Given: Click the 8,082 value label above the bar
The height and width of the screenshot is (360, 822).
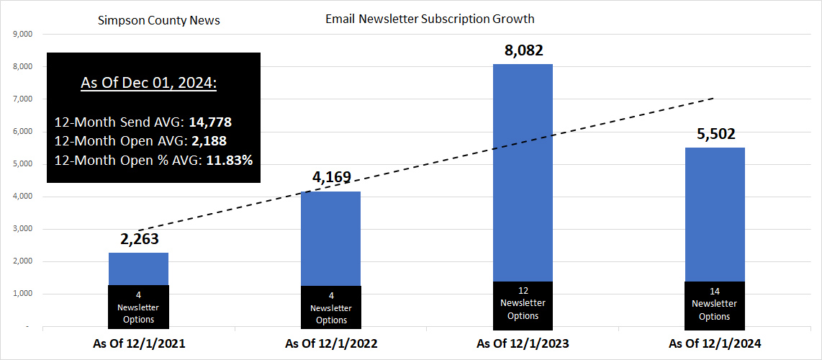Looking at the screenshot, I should point(523,51).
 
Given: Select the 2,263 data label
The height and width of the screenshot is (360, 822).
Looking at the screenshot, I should point(138,240).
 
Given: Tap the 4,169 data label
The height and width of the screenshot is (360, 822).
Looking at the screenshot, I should point(331,177).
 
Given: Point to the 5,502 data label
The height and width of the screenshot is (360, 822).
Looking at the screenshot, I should point(715,135).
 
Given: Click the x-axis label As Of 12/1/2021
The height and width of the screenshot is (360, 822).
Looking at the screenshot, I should point(139,344).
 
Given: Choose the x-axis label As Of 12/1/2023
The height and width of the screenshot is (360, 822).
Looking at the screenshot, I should point(523,344).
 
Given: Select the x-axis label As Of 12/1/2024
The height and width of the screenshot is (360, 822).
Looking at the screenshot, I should point(715,344).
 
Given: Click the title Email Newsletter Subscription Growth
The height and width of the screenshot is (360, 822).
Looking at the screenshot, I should point(430,19).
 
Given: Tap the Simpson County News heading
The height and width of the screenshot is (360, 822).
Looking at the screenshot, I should point(158,20).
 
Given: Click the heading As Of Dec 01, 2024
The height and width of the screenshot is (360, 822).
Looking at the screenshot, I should point(148,84).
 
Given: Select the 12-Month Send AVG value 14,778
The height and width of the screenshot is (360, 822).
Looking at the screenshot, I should point(209,122).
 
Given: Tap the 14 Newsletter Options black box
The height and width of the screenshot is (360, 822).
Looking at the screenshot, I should point(715,304).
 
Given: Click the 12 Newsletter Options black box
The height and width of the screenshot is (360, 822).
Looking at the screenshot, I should point(523,304).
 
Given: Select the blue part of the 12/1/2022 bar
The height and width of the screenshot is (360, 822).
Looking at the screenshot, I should point(331,238).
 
